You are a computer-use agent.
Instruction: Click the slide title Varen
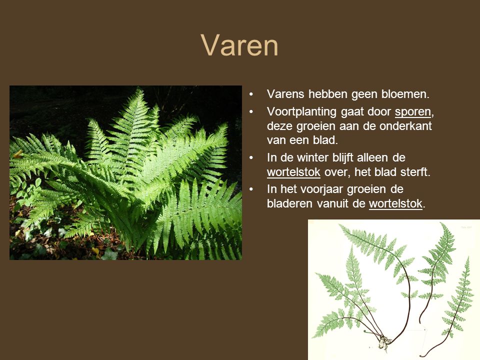pyautogui.click(x=239, y=45)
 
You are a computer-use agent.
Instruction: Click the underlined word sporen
pyautogui.click(x=412, y=112)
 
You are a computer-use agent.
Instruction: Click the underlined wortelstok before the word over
pyautogui.click(x=293, y=172)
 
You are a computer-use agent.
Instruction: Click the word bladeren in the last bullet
pyautogui.click(x=289, y=203)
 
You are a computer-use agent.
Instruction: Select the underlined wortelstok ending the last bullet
pyautogui.click(x=395, y=203)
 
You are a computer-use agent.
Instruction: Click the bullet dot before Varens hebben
pyautogui.click(x=251, y=94)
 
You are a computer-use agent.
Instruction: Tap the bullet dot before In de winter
pyautogui.click(x=251, y=158)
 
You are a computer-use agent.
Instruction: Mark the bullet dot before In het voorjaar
pyautogui.click(x=251, y=189)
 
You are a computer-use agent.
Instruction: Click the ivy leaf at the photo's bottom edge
pyautogui.click(x=109, y=254)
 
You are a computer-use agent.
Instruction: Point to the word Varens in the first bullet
pyautogui.click(x=285, y=94)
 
